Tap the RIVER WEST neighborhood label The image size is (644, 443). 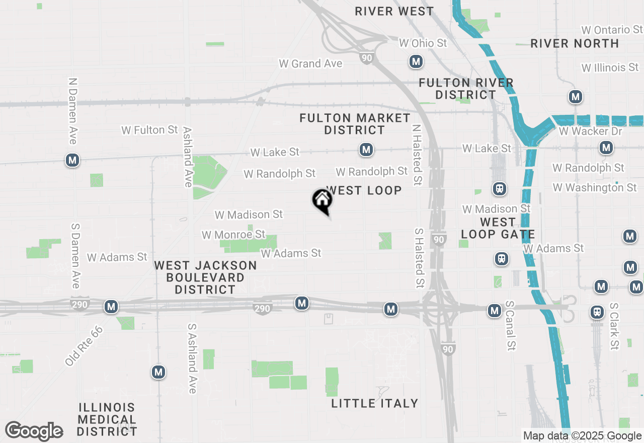click(394, 11)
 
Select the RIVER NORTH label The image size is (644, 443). click(575, 43)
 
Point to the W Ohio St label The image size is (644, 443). click(423, 43)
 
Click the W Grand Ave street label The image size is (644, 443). click(310, 63)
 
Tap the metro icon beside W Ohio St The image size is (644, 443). click(416, 62)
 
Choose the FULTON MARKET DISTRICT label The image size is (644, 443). click(355, 124)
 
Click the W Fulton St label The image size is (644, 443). click(149, 130)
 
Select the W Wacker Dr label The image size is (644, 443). click(590, 131)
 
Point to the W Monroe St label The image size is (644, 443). click(233, 235)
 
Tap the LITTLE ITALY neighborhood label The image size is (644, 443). click(375, 403)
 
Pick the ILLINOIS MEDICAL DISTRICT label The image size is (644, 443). click(107, 419)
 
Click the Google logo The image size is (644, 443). click(34, 431)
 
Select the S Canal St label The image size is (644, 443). click(511, 326)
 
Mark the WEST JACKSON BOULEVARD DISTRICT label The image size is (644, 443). click(205, 277)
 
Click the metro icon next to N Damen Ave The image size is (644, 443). click(73, 161)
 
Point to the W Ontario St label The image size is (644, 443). click(612, 30)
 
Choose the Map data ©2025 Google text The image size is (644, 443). click(582, 436)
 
